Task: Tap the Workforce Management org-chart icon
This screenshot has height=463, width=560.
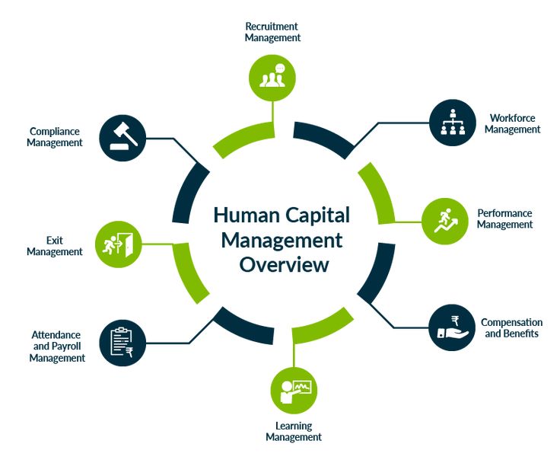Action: (453, 122)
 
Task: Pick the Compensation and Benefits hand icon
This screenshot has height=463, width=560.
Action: (452, 327)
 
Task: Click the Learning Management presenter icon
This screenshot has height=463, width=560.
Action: (294, 391)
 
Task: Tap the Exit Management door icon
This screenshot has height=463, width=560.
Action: (118, 244)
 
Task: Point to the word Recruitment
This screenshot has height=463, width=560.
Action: (272, 26)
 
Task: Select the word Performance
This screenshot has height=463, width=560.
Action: (504, 213)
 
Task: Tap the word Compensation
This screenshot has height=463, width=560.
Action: (511, 322)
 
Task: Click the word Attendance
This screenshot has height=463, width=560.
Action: (56, 334)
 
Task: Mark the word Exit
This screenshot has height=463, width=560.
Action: (55, 240)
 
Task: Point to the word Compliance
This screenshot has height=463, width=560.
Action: (56, 131)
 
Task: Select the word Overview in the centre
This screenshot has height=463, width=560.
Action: (285, 265)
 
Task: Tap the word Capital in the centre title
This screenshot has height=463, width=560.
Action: (315, 216)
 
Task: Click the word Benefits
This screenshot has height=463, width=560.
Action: (521, 334)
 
